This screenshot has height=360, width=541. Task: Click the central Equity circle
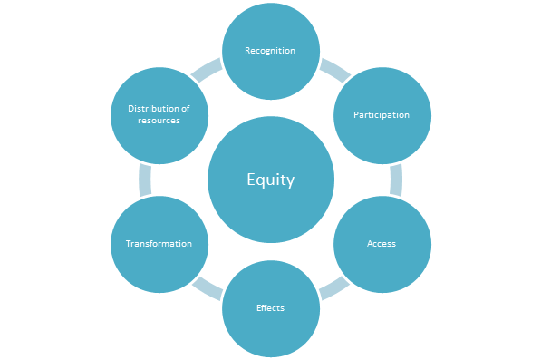[x=270, y=180]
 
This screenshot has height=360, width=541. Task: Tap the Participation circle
[x=381, y=115]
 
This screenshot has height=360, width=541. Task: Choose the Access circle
[x=381, y=244]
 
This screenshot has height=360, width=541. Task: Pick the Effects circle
[x=270, y=308]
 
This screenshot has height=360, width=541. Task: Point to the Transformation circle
[x=159, y=244]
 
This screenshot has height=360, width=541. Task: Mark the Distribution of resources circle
[x=159, y=115]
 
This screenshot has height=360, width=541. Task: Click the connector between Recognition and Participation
[x=335, y=68]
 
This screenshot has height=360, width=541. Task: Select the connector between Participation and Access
[x=395, y=180]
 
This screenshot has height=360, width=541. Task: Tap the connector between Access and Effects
[x=333, y=288]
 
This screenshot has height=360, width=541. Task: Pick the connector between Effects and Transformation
[x=207, y=288]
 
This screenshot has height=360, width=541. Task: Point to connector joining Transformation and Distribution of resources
[x=145, y=180]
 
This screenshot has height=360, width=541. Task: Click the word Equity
[x=270, y=180]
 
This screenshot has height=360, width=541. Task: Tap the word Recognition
[x=270, y=50]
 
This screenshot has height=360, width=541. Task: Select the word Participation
[x=381, y=115]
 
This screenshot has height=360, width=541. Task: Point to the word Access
[x=381, y=244]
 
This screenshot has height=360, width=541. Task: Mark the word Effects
[x=270, y=308]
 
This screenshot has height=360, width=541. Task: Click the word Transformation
[x=159, y=244]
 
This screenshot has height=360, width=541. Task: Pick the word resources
[x=159, y=121]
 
